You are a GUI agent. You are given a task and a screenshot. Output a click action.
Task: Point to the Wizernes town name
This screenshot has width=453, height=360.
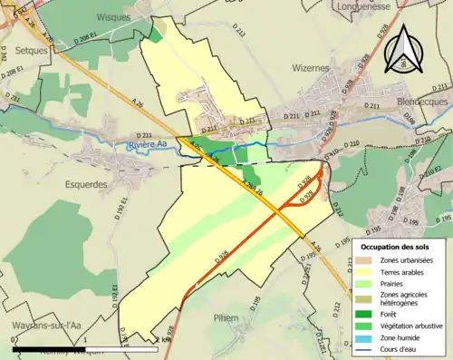pos(311,67)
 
